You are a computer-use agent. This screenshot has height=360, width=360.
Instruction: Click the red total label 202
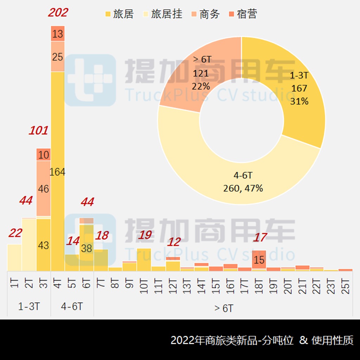[x=58, y=13]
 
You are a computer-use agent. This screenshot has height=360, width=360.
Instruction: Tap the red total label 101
[x=38, y=131]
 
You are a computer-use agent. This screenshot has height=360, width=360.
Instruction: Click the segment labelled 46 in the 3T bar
[x=43, y=189]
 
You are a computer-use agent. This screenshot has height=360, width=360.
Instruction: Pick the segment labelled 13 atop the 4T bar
[x=58, y=34]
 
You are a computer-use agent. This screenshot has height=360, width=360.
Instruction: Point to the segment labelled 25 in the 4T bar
[x=58, y=57]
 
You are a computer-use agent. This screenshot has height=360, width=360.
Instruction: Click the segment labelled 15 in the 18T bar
[x=259, y=260]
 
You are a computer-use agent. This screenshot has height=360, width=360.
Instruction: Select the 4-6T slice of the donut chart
[x=243, y=183]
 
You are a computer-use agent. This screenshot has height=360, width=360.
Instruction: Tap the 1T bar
[x=14, y=257]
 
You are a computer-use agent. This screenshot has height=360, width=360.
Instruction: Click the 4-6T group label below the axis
[x=72, y=306]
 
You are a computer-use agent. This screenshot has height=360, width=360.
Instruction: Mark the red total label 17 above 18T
[x=260, y=237]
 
